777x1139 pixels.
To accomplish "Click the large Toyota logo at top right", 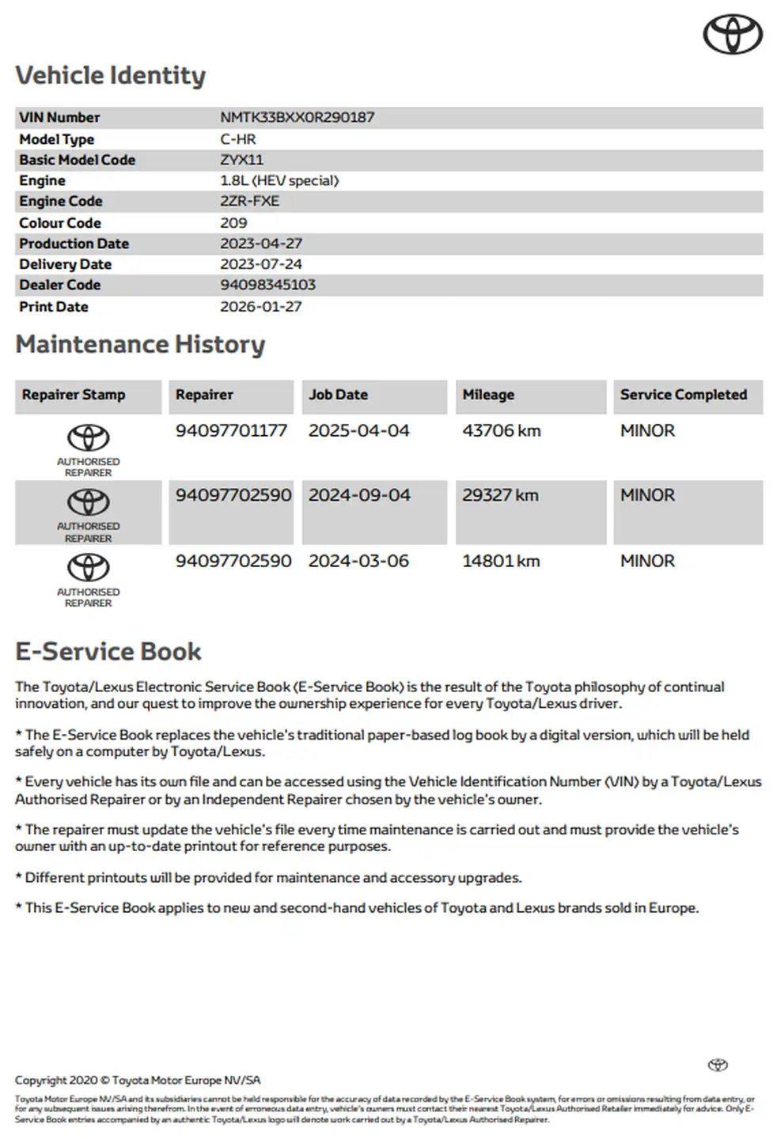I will [733, 34].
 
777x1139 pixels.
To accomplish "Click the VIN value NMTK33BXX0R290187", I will [297, 117].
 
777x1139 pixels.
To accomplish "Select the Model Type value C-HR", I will [237, 139].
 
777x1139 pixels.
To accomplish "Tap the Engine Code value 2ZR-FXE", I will [249, 201].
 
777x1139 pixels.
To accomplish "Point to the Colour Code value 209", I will [233, 223].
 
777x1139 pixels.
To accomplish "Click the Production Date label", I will [74, 244].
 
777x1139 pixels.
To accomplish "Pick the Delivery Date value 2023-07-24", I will [260, 264].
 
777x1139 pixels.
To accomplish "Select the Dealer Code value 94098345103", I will [267, 285].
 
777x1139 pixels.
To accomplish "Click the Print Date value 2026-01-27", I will [260, 307].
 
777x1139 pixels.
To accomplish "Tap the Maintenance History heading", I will [140, 345].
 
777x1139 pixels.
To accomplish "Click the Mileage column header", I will [488, 395].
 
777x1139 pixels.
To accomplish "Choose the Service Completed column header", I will [683, 395].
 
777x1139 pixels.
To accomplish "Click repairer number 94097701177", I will [231, 431].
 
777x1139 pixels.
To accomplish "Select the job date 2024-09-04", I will [359, 495].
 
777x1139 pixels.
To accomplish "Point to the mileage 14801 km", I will [501, 562].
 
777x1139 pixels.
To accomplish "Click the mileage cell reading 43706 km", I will [501, 431].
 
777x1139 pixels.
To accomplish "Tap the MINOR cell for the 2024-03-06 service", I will [647, 562].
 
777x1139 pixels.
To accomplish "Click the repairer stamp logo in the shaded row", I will [88, 502].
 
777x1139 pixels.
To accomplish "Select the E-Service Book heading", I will [108, 652].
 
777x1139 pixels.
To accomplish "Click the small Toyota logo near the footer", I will [718, 1065].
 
